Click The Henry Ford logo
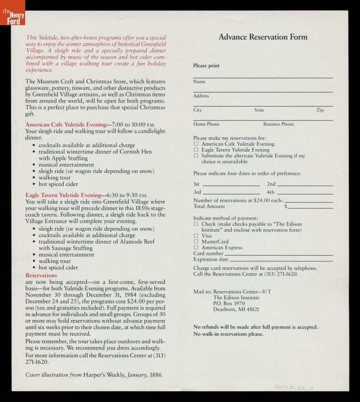[12, 13]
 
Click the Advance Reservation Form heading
[262, 37]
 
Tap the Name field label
[199, 81]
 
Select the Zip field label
[320, 110]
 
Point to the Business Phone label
[278, 124]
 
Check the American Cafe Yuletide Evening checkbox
[196, 144]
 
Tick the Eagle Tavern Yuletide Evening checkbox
[196, 150]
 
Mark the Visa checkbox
[196, 236]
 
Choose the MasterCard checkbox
[196, 242]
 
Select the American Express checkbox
[196, 248]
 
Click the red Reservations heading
[41, 276]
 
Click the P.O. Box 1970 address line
[229, 304]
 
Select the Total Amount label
[209, 207]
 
